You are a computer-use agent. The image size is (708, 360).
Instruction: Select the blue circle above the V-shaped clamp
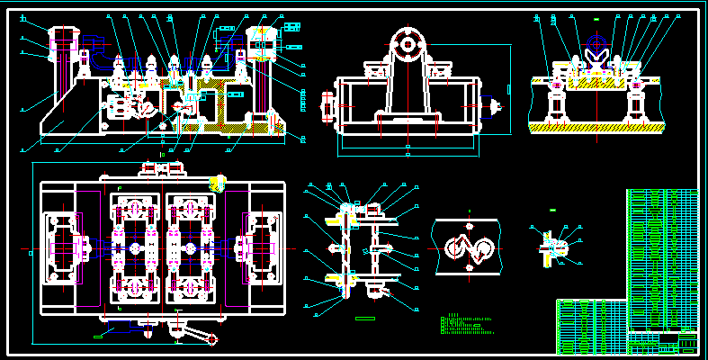coord(595,42)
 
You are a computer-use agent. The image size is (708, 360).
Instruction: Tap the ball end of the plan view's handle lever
coord(214,340)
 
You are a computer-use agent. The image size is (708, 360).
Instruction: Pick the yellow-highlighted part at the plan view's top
coord(217,184)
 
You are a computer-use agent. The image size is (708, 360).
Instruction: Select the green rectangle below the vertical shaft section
coord(364,318)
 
